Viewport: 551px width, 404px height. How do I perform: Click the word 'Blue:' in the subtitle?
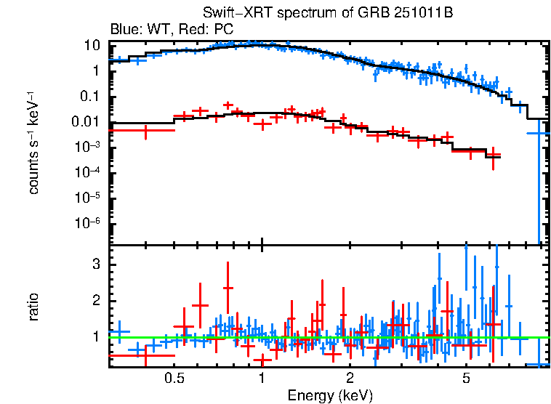tap(125, 30)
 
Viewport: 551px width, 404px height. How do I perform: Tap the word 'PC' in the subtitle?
tap(223, 30)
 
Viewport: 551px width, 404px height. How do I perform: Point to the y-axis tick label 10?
tap(92, 45)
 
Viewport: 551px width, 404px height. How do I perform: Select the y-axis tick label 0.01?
tap(86, 122)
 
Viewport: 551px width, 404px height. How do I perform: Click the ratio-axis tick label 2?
tap(94, 301)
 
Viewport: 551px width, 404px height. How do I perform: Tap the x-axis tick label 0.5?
tap(173, 379)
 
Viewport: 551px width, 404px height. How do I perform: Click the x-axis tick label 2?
tap(350, 379)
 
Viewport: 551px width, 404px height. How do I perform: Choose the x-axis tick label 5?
tap(466, 379)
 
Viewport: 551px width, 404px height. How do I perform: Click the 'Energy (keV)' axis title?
tap(330, 395)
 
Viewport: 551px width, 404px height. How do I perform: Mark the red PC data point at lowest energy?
tap(145, 130)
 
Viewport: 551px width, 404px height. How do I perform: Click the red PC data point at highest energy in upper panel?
tap(494, 155)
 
